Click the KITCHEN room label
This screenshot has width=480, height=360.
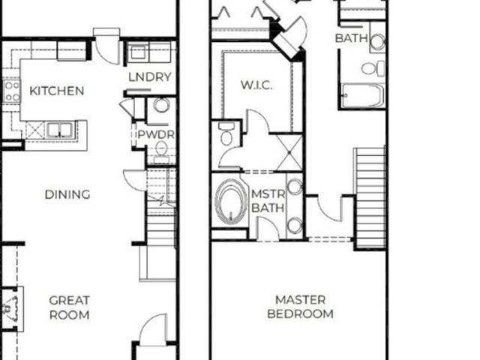(56, 91)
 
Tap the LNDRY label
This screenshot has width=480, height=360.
(150, 76)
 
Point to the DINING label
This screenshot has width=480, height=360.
(67, 194)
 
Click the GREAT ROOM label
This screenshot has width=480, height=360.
(70, 307)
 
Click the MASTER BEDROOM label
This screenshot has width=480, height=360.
(300, 307)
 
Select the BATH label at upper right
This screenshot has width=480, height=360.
(351, 37)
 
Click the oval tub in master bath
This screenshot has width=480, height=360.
(231, 201)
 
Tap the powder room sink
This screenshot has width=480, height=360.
(161, 105)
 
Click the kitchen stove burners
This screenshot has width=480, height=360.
(12, 91)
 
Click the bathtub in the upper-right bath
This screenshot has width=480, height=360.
(363, 96)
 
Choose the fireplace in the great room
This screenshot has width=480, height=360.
(10, 307)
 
